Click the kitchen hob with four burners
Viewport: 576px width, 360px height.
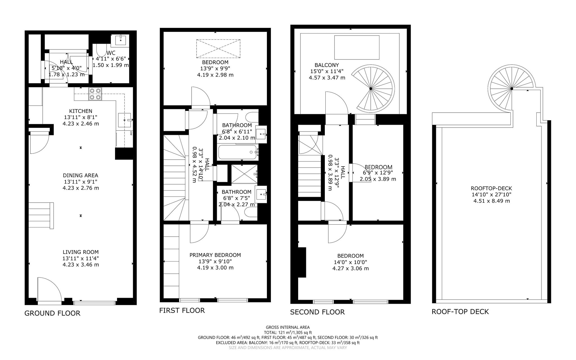pos(95,94)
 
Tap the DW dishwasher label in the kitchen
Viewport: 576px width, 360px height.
pos(131,134)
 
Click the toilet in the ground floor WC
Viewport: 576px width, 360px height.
pos(100,51)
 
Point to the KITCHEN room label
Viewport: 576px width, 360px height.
pos(81,111)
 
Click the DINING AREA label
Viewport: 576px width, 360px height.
pos(80,175)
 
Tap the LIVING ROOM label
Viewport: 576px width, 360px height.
pos(81,252)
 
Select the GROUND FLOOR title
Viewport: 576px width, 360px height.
pos(52,313)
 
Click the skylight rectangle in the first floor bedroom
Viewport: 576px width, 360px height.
pos(218,48)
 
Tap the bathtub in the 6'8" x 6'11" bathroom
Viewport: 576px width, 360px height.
pos(238,152)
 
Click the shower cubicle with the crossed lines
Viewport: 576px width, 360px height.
pos(244,174)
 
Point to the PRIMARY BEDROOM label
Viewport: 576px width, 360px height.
pos(215,255)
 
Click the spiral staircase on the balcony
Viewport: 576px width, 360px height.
pos(371,88)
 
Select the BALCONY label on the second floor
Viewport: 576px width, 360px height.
pos(327,65)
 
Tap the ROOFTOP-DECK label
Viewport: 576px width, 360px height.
pos(491,188)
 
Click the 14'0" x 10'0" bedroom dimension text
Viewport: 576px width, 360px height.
pos(350,262)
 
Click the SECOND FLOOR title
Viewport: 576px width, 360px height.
pos(317,312)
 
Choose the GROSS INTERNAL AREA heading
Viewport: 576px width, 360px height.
pos(288,327)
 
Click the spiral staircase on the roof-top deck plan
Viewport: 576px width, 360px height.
pos(512,88)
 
